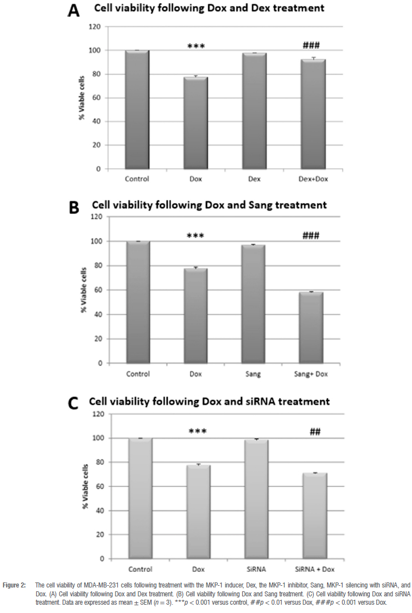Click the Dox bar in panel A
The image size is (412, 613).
[x=195, y=123]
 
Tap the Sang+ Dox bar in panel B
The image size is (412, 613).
[x=311, y=327]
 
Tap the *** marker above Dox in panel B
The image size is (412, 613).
[x=195, y=236]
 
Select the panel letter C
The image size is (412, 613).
[x=73, y=402]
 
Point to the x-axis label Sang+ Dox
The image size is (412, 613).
[x=311, y=374]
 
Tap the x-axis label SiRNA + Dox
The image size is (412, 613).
[x=314, y=569]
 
